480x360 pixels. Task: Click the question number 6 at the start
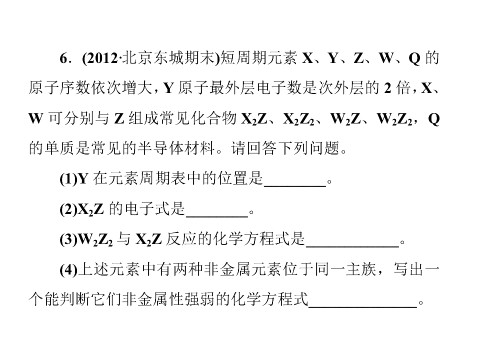63,58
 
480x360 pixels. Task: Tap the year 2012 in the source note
102,58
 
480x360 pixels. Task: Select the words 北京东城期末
168,58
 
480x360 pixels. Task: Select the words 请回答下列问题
285,148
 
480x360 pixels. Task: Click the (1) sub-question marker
68,178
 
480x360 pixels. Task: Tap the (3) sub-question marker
68,239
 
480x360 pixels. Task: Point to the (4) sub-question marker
68,269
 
